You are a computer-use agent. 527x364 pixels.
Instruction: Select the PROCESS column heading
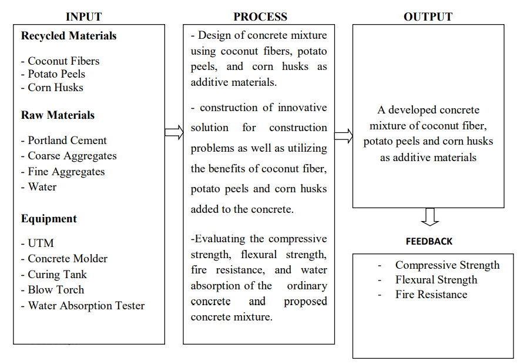[260, 16]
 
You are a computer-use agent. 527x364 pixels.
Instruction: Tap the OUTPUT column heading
[428, 16]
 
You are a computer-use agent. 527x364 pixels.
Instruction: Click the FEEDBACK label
[429, 241]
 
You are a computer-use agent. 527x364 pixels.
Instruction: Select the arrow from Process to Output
[344, 136]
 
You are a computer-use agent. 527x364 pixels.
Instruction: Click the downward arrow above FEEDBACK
[430, 216]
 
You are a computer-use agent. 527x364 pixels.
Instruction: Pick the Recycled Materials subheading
[69, 36]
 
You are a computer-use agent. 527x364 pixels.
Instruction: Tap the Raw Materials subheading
[58, 115]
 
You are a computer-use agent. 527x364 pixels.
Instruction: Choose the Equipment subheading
[49, 219]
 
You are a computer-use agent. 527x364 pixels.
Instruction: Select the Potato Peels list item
[56, 74]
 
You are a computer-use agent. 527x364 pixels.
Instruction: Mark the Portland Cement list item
[67, 141]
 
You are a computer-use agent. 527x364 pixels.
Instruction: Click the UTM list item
[41, 243]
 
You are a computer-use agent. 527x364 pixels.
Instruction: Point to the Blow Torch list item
[56, 290]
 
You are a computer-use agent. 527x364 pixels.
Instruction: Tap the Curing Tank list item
[57, 275]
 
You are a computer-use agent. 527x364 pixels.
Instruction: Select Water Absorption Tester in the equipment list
[86, 306]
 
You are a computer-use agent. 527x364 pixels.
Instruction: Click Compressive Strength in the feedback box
[447, 265]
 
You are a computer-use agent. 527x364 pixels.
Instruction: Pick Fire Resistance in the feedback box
[431, 295]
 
